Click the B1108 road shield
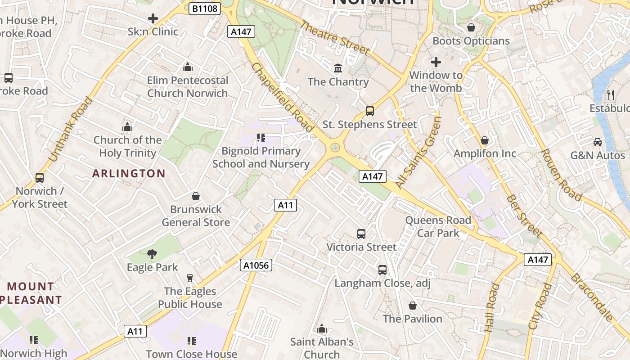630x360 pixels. click(x=204, y=8)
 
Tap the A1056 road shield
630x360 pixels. click(x=256, y=265)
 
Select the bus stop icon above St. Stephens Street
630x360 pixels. click(x=369, y=111)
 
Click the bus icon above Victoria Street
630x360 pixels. click(x=361, y=234)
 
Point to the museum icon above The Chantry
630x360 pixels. click(x=337, y=68)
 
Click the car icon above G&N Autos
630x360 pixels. click(x=597, y=142)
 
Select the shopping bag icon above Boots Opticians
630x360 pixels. click(x=471, y=28)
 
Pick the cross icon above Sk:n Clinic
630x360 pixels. click(x=153, y=18)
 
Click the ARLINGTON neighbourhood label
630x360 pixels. click(x=129, y=173)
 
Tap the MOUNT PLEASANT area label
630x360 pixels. click(x=31, y=293)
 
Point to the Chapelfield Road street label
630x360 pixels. click(x=282, y=97)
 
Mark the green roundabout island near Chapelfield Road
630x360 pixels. click(x=335, y=147)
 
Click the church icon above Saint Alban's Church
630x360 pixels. click(x=321, y=329)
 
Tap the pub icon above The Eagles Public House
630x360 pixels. click(x=189, y=278)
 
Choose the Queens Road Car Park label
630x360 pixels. click(x=438, y=226)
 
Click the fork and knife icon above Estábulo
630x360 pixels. click(x=610, y=94)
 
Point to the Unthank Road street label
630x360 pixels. click(x=69, y=129)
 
